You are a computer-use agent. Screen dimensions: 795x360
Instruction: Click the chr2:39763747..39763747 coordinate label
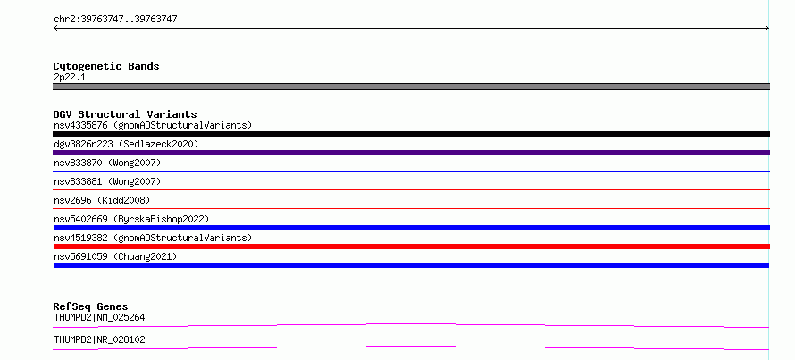(x=115, y=20)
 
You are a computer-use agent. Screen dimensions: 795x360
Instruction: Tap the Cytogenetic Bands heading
(x=106, y=66)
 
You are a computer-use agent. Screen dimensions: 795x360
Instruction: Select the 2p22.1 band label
(x=70, y=78)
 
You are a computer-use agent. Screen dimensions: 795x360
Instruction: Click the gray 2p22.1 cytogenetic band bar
(x=411, y=87)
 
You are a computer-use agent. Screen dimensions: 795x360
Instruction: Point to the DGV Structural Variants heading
(x=125, y=114)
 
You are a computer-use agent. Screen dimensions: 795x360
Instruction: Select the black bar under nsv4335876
(x=411, y=134)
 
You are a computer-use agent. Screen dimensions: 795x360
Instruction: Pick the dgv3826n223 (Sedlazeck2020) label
(x=126, y=144)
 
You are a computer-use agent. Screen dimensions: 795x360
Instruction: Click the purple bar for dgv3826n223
(x=411, y=153)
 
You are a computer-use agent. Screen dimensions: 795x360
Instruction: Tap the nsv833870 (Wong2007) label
(x=107, y=163)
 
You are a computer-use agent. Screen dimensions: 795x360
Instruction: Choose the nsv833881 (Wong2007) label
(x=107, y=181)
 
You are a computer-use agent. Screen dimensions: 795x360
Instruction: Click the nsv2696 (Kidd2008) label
(x=102, y=200)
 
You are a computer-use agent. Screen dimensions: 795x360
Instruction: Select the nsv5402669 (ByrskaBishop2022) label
(x=131, y=219)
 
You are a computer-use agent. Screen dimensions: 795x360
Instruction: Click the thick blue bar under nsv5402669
(x=411, y=228)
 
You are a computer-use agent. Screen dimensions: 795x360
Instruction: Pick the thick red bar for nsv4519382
(x=411, y=247)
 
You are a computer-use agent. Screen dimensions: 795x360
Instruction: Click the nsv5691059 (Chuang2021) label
(x=115, y=256)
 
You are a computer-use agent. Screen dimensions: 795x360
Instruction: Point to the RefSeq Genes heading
(x=91, y=306)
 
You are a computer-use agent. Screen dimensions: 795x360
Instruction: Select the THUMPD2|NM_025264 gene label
(x=99, y=318)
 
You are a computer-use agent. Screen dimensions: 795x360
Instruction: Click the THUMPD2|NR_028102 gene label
(x=99, y=339)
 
